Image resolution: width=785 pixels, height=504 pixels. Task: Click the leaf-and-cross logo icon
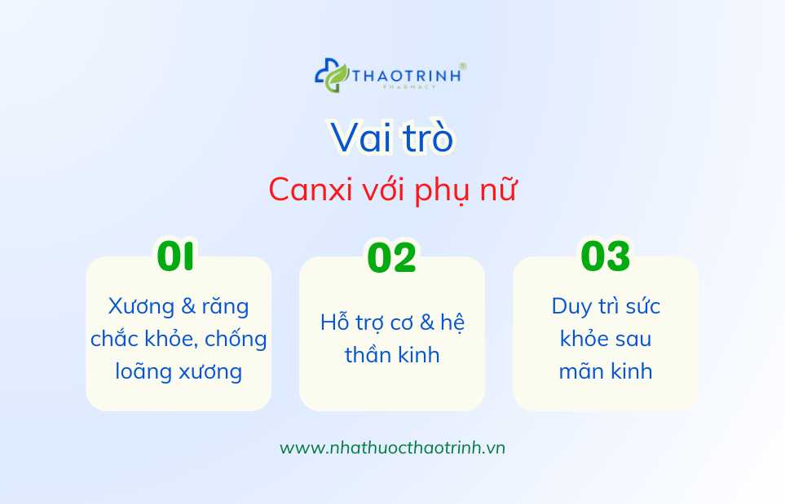[x=332, y=75]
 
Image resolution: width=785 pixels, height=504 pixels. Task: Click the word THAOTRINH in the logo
[x=406, y=75]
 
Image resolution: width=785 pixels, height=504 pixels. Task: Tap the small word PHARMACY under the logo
[x=406, y=86]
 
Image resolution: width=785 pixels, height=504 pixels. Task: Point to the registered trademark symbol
[x=463, y=66]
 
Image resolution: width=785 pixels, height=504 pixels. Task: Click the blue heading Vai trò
[x=392, y=138]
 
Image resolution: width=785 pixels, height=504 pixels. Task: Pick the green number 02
[x=391, y=257]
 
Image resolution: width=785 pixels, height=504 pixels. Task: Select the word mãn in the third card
[x=580, y=371]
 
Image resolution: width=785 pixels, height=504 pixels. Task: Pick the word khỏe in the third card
[x=583, y=339]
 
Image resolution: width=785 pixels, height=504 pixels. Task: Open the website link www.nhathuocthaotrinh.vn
[x=392, y=448]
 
